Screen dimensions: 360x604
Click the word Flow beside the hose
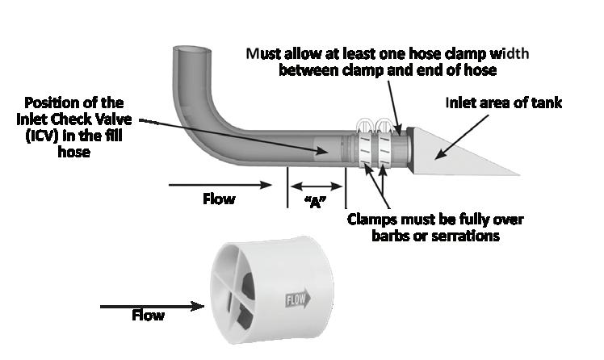(x=219, y=198)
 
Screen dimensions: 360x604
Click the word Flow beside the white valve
(x=148, y=315)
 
